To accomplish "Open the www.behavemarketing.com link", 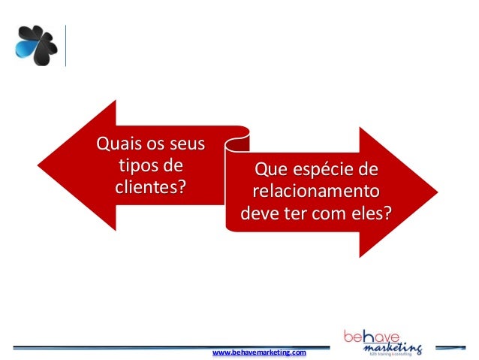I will [x=260, y=352].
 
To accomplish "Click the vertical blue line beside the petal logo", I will [x=66, y=46].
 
